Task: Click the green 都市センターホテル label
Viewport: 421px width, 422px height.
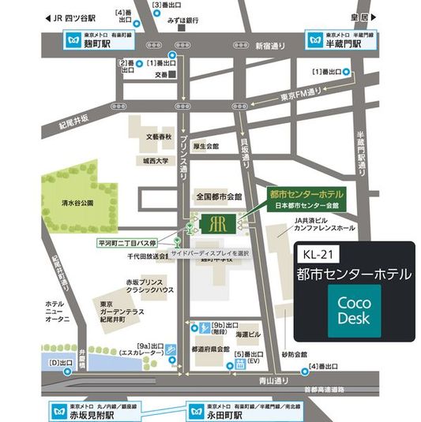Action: coord(306,192)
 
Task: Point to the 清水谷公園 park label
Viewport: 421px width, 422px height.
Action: coord(78,203)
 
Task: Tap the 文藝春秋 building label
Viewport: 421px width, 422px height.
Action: coord(158,136)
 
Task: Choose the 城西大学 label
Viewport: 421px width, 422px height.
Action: coord(157,161)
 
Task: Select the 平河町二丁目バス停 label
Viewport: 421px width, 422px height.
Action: coord(130,243)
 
